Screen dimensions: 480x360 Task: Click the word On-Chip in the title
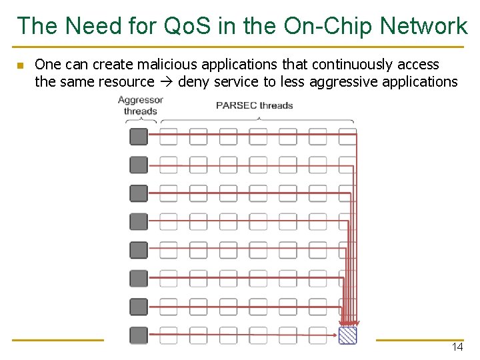(x=327, y=26)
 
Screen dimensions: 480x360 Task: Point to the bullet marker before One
(x=20, y=65)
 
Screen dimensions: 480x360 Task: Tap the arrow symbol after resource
(x=166, y=82)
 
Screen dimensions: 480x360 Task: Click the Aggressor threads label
(x=141, y=105)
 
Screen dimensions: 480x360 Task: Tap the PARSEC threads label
(x=255, y=105)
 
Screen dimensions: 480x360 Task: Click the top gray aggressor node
(x=138, y=137)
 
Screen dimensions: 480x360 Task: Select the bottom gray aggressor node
(x=138, y=335)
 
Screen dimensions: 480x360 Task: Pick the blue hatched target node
(x=347, y=335)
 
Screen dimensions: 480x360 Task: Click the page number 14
(x=457, y=347)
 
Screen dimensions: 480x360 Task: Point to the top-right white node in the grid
(x=347, y=137)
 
